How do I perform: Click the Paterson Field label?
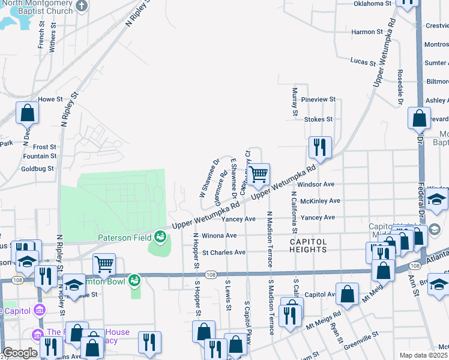(125, 238)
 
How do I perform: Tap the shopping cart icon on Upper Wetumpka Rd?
(259, 175)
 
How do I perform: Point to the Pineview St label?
(319, 99)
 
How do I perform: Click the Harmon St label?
(367, 32)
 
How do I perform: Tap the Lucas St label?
(363, 62)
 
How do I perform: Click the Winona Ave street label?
(219, 236)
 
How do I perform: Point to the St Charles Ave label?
(223, 253)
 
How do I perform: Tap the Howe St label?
(50, 99)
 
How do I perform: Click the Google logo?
(20, 353)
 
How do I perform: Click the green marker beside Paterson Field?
(160, 236)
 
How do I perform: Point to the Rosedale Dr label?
(399, 84)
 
